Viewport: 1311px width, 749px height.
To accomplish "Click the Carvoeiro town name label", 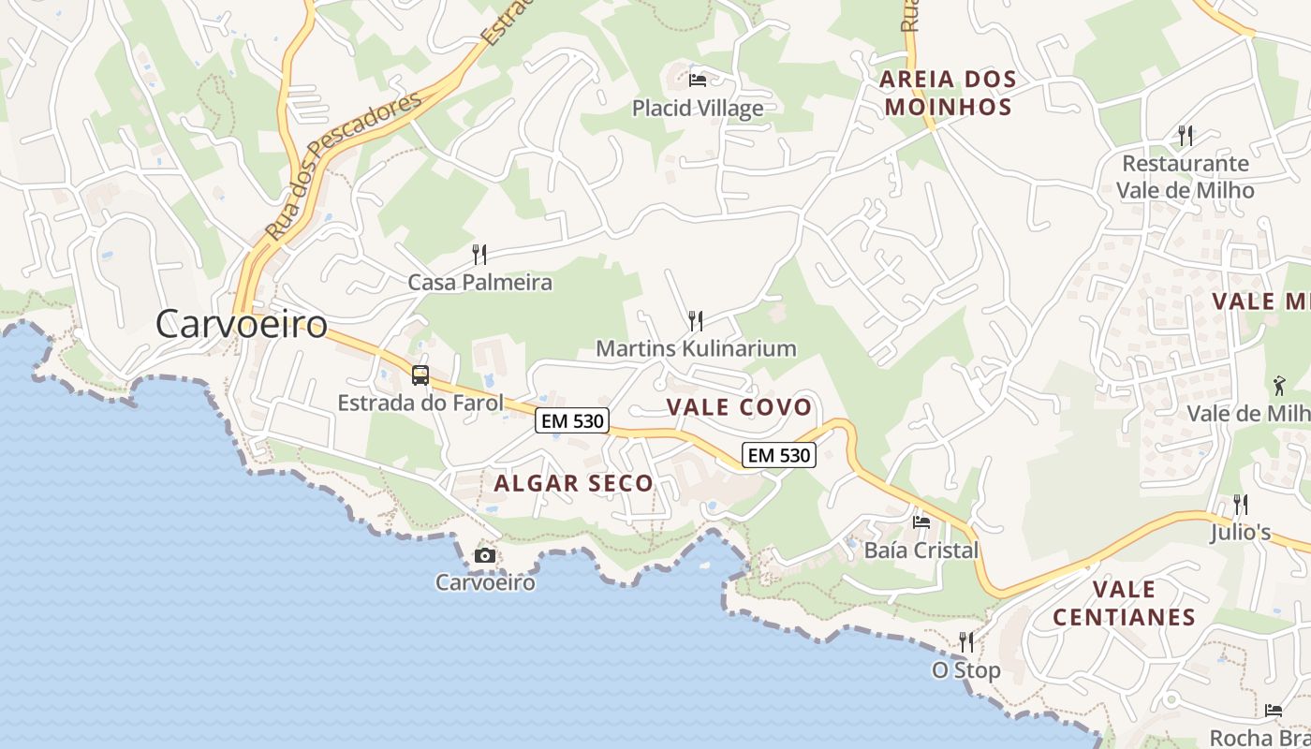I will point(242,324).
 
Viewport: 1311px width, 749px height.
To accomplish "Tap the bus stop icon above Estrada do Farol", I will point(420,375).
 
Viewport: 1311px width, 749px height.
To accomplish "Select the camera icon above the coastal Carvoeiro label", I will point(484,555).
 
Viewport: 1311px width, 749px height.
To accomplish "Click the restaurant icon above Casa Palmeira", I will point(479,254).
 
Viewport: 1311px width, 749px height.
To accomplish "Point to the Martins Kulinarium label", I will point(696,348).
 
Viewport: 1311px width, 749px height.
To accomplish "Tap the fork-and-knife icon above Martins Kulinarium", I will point(695,321).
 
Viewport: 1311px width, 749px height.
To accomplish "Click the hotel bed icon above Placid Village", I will point(697,81).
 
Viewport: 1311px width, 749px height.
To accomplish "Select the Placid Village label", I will point(698,109).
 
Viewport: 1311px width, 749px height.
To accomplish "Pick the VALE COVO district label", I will point(739,407).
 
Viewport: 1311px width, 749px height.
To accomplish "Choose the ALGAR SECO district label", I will point(573,483).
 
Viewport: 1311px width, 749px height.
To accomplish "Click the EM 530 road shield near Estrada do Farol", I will point(573,421).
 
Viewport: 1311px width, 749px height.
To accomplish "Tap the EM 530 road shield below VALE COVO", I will point(779,455).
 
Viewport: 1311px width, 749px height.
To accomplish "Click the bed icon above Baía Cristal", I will point(921,522).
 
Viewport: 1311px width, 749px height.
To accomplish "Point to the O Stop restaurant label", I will point(965,670).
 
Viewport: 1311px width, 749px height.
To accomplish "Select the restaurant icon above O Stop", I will point(966,642).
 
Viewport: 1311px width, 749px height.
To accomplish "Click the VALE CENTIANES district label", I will point(1124,603).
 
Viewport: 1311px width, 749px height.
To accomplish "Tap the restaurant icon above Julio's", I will point(1241,505).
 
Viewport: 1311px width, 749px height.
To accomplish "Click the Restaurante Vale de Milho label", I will point(1185,177).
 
